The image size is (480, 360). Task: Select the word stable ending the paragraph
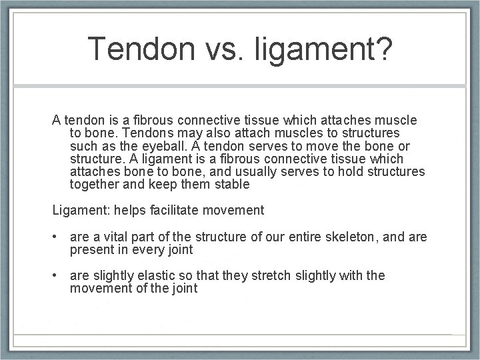[x=230, y=184]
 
